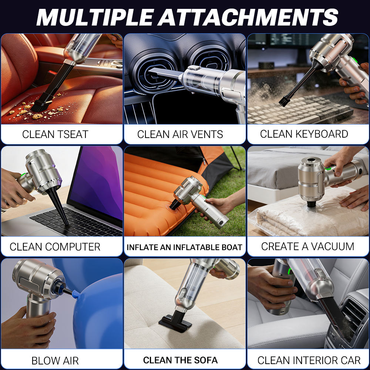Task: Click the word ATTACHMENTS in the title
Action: pos(248,17)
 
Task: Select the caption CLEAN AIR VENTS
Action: pos(180,134)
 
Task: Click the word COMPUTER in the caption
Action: pos(73,247)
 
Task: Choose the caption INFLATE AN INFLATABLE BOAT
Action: pos(185,247)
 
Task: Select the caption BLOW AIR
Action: pos(55,360)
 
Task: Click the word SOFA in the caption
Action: pos(205,360)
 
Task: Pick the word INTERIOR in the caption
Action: pos(306,360)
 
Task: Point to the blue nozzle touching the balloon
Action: pos(75,294)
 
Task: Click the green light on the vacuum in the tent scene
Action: pos(202,196)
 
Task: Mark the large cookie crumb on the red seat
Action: pos(37,116)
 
